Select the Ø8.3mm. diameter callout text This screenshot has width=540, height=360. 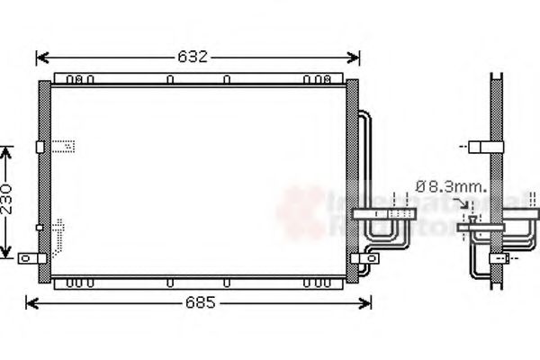450,187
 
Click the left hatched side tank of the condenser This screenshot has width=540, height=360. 43,175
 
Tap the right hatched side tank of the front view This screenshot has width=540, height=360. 352,175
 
